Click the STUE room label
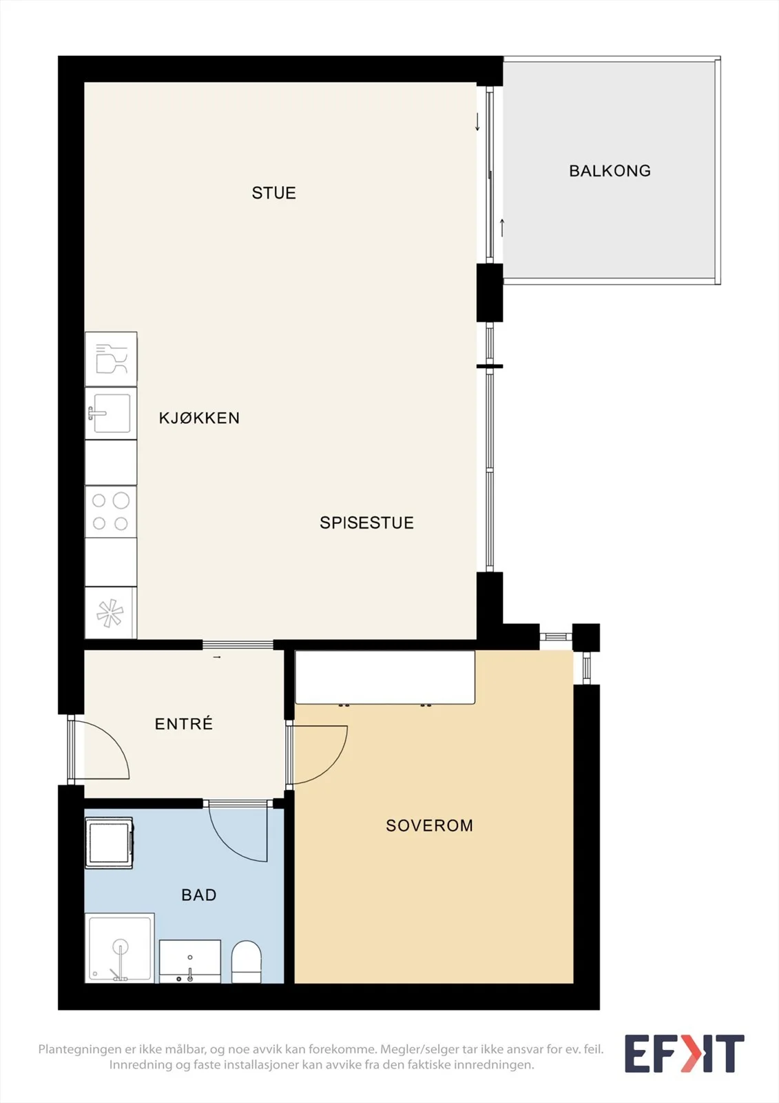coord(273,193)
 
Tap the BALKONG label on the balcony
coord(610,171)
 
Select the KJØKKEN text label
coord(199,418)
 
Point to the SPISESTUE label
coord(366,523)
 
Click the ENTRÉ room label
coord(183,723)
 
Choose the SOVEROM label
coord(429,825)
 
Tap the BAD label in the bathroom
coord(199,895)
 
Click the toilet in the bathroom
coord(246,962)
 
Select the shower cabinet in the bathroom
coord(120,948)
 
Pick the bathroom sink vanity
coord(190,961)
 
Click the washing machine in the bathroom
coord(109,842)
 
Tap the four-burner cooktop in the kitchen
coord(111,512)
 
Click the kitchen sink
coord(111,414)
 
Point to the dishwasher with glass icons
coord(111,359)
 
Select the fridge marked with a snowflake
coord(111,613)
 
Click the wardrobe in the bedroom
coord(385,677)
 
